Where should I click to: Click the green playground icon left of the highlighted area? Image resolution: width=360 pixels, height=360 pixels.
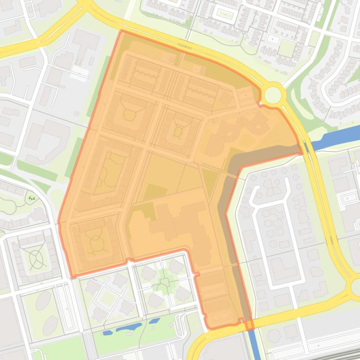[32, 198]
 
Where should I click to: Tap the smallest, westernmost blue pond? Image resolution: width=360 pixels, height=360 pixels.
[108, 333]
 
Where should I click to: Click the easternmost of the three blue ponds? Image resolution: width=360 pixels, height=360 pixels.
[154, 321]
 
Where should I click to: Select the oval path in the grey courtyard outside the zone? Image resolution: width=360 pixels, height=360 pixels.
[36, 256]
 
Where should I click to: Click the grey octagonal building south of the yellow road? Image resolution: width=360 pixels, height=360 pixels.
[274, 336]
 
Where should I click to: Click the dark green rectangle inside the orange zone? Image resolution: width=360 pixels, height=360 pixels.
[155, 193]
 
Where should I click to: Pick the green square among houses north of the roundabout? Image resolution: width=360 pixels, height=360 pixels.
[286, 48]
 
